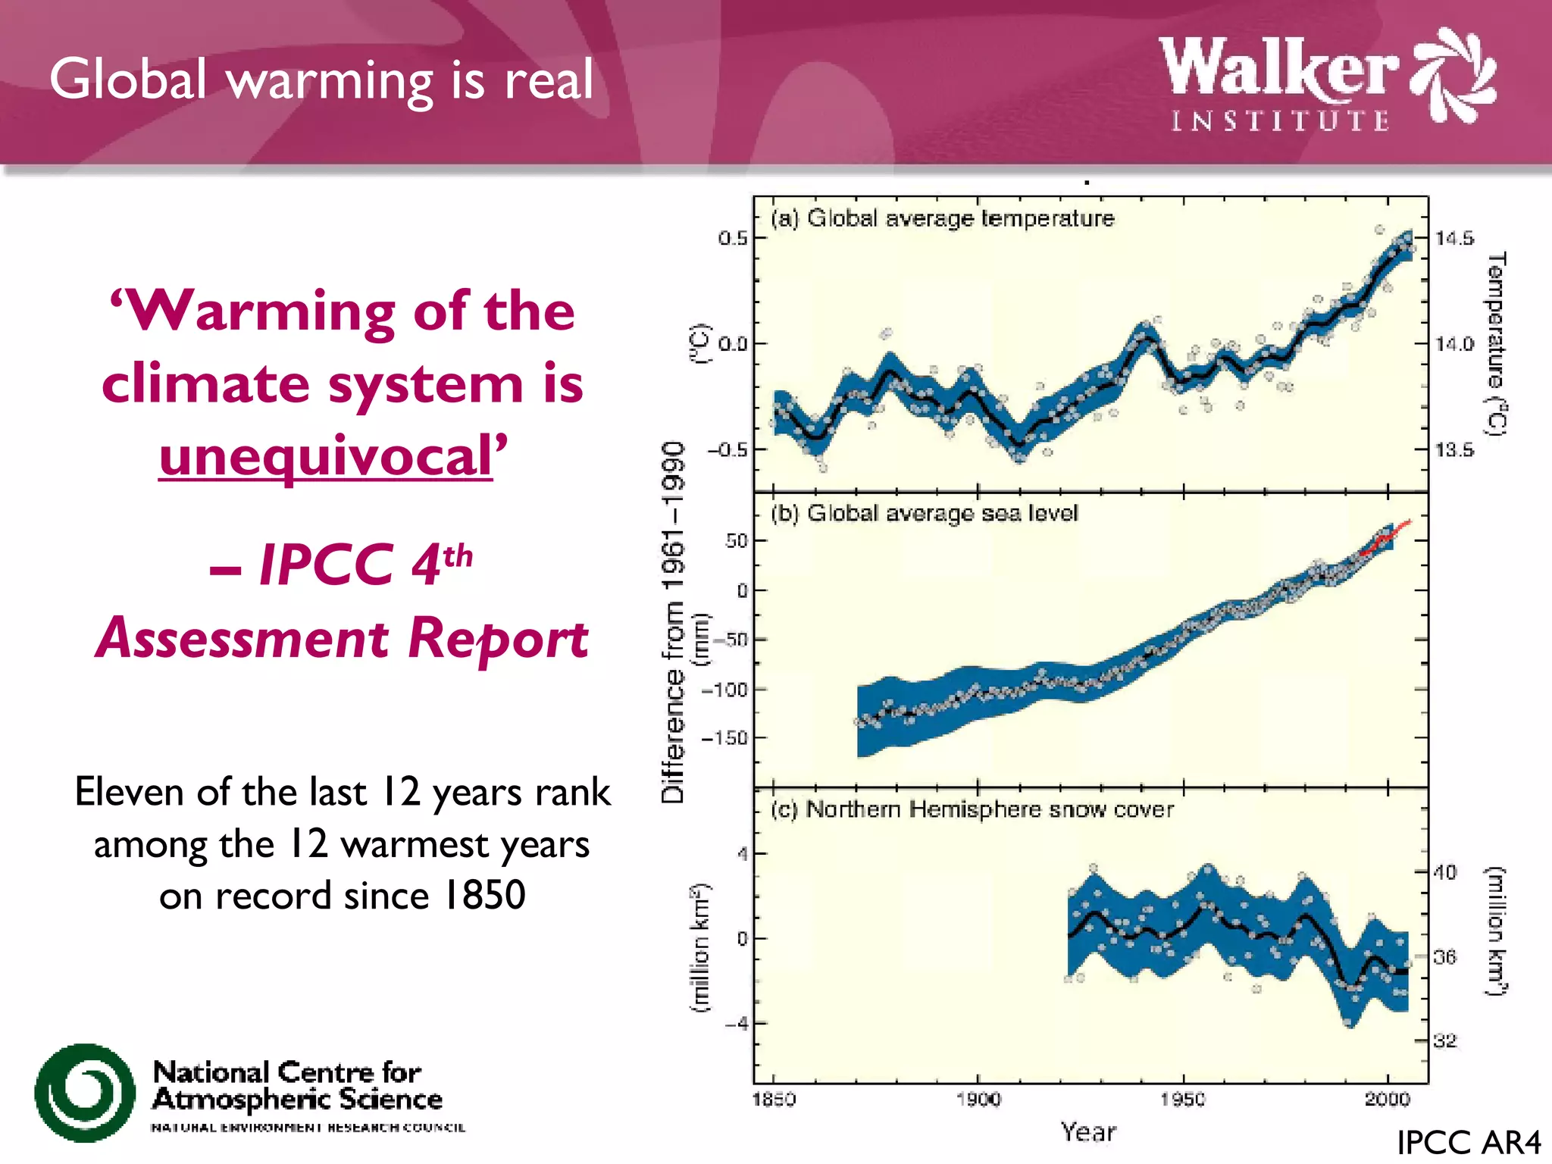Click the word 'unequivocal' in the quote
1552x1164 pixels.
click(x=326, y=457)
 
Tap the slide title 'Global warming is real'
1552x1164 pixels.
click(x=321, y=80)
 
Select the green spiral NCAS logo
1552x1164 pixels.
click(x=85, y=1092)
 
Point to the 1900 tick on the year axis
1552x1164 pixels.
click(x=978, y=1099)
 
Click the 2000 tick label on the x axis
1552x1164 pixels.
click(x=1387, y=1099)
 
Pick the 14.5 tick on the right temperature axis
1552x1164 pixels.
click(x=1454, y=239)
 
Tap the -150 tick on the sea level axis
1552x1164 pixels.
click(x=724, y=738)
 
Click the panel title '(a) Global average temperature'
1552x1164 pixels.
click(x=943, y=218)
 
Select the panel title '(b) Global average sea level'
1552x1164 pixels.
click(x=925, y=513)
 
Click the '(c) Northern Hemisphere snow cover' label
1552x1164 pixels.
click(x=972, y=809)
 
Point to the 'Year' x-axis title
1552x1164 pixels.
click(x=1088, y=1132)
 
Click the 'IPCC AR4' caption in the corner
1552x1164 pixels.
click(x=1468, y=1143)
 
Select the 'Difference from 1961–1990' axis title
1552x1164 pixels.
click(x=673, y=621)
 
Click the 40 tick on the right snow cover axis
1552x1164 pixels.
click(x=1444, y=872)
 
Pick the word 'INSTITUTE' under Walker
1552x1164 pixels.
click(x=1280, y=121)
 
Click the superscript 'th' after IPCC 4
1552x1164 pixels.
click(x=458, y=556)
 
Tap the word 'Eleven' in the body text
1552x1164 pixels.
click(x=130, y=793)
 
